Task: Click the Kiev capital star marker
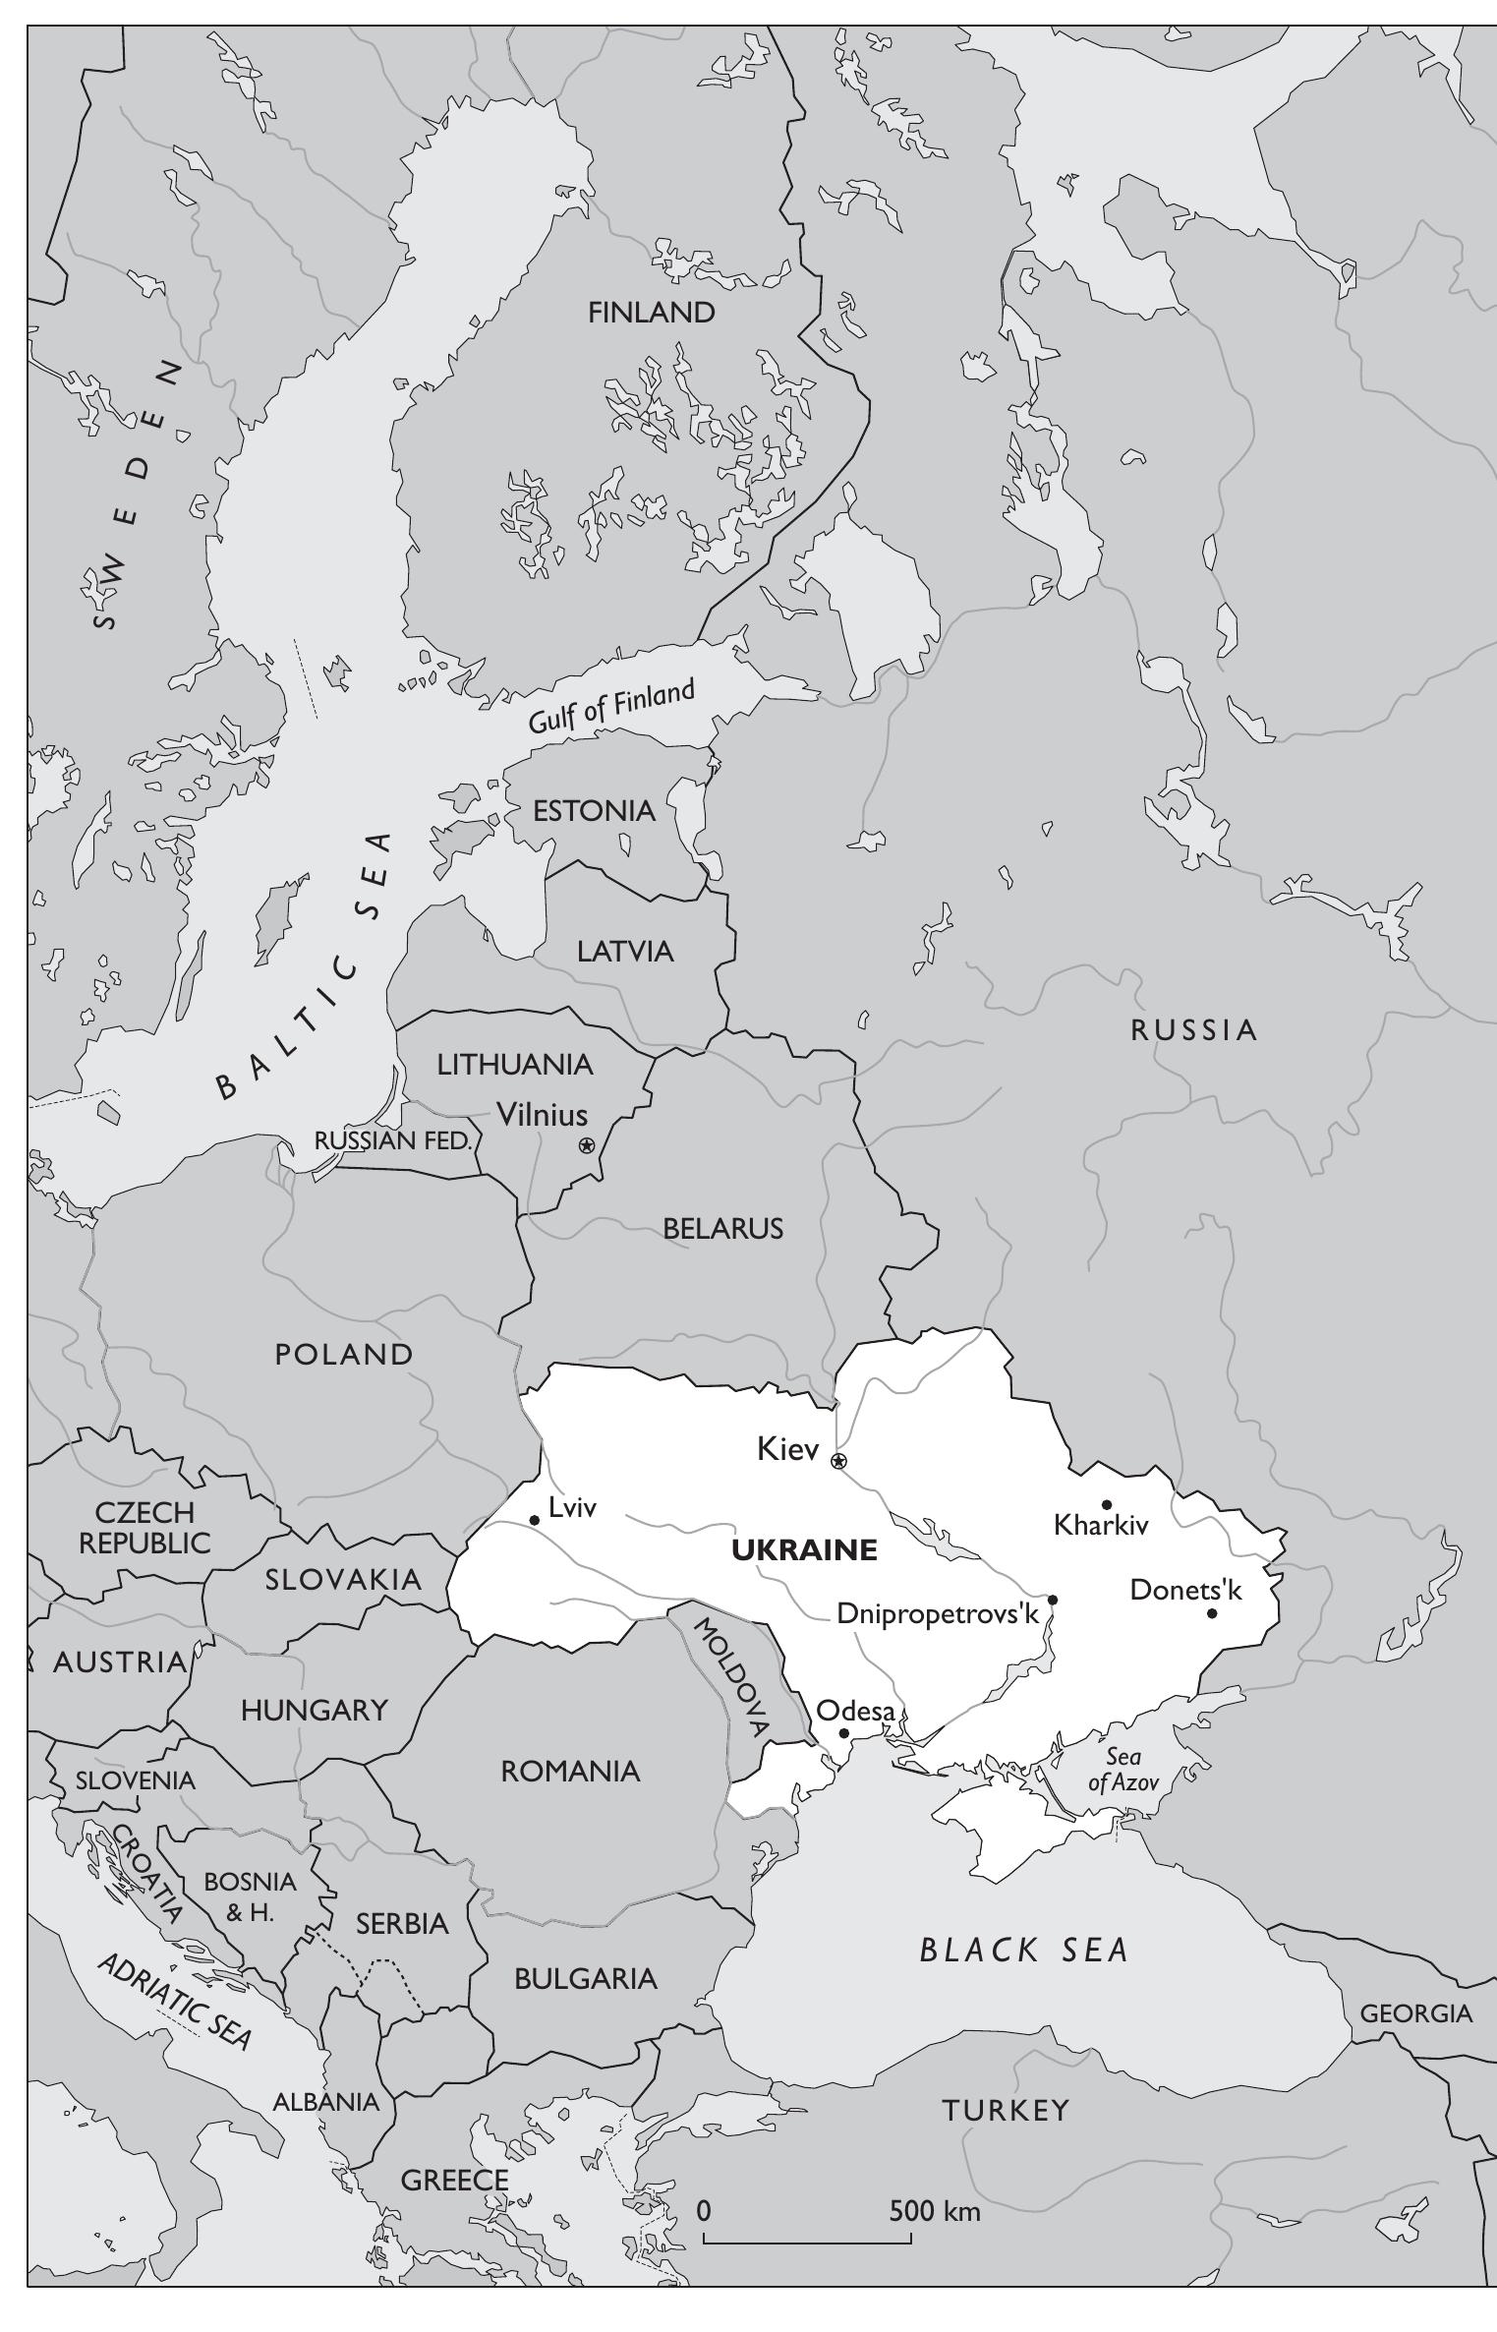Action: tap(838, 1461)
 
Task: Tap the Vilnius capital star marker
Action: tap(587, 1144)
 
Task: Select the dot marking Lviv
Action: tap(535, 1520)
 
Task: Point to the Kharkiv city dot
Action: tap(1107, 1504)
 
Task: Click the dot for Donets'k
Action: tap(1212, 1613)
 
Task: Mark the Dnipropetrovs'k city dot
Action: tap(1053, 1600)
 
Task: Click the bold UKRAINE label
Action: tap(804, 1551)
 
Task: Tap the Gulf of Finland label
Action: tap(611, 707)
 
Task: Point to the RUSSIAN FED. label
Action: tap(393, 1141)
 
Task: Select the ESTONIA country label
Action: tap(594, 811)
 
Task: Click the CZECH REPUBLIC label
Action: tap(144, 1527)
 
